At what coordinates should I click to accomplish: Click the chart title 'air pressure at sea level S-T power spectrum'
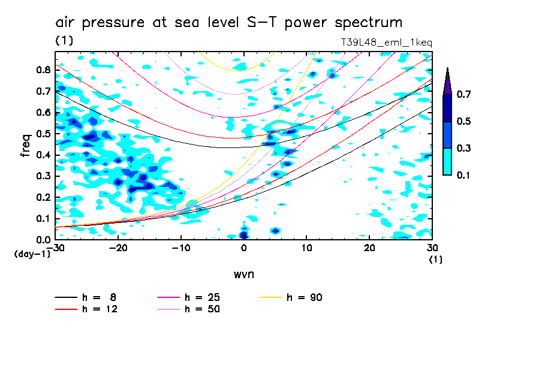coord(228,23)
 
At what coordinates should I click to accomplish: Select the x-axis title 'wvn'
coord(243,274)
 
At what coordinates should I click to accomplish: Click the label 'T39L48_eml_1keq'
coord(386,42)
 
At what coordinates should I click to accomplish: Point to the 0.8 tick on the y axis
coord(43,70)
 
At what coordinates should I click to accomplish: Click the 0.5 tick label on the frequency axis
coord(43,134)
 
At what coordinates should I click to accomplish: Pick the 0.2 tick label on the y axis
coord(43,197)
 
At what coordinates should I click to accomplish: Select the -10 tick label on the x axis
coord(180,248)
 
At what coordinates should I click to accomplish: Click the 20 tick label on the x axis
coord(369,248)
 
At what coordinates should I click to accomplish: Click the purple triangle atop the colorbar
coord(447,81)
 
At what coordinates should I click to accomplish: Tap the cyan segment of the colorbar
coord(447,161)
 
